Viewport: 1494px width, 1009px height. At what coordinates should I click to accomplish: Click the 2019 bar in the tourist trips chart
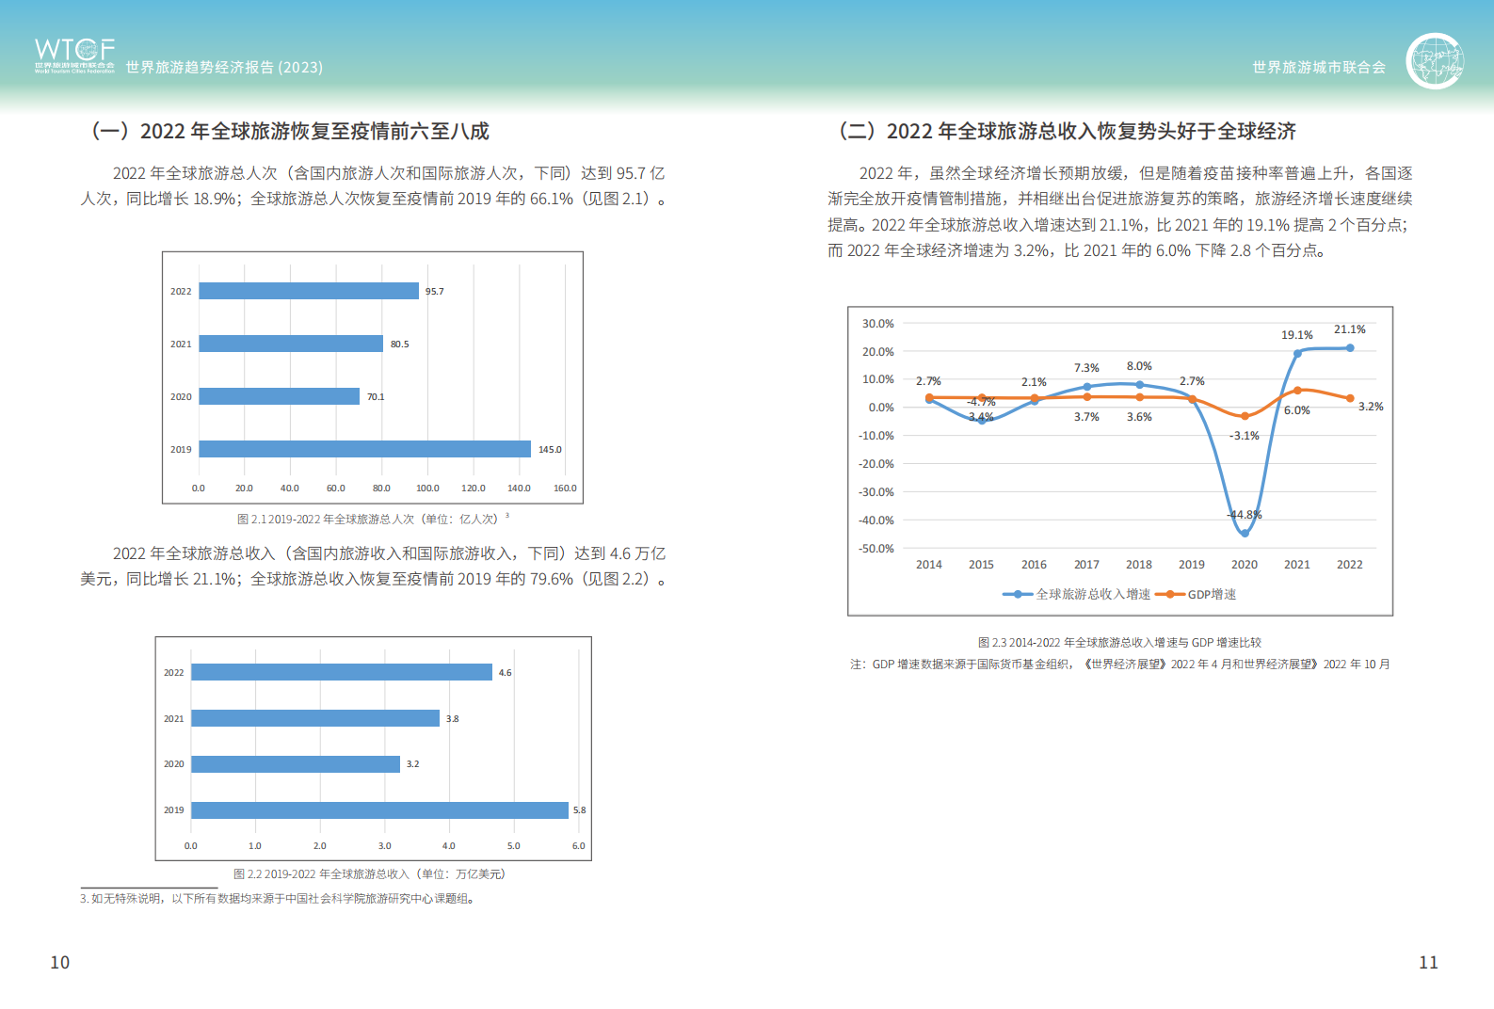(x=364, y=449)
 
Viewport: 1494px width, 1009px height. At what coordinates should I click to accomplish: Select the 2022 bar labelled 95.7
(x=309, y=291)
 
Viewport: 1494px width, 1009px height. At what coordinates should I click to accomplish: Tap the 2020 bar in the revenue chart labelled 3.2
(x=296, y=764)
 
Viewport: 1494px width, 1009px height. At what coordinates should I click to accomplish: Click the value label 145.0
(x=550, y=450)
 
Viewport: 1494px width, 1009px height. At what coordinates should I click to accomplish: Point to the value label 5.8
(x=579, y=810)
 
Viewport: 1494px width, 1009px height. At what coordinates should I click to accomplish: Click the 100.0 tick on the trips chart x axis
(x=427, y=488)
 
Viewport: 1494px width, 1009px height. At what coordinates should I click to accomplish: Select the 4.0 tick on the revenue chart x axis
(x=449, y=846)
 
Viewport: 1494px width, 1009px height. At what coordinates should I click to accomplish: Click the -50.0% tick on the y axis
(x=876, y=549)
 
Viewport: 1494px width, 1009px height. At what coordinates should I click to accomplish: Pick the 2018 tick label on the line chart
(x=1139, y=565)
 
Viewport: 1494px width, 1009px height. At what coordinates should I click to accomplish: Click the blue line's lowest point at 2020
(x=1245, y=533)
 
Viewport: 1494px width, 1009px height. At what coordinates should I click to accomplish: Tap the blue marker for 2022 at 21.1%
(x=1350, y=348)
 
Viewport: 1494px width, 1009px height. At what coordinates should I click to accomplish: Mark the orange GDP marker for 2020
(x=1245, y=416)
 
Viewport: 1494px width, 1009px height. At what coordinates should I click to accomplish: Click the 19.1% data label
(x=1296, y=335)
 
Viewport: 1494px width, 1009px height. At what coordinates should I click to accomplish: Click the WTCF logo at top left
(x=74, y=55)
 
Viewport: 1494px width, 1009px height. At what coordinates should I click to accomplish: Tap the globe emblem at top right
(x=1435, y=61)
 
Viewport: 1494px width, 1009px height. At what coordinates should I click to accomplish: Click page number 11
(x=1428, y=962)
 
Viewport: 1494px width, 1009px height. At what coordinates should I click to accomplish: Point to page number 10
(x=60, y=962)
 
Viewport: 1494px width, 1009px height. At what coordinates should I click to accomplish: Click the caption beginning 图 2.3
(x=1119, y=643)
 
